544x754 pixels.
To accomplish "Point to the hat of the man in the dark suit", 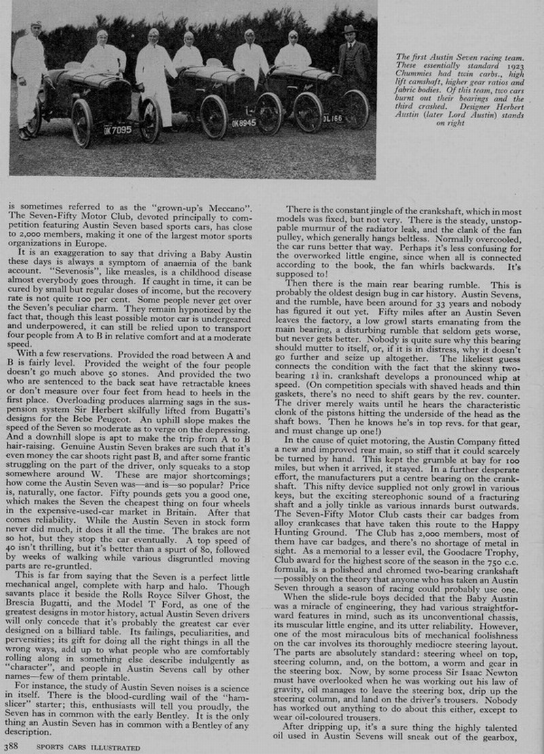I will (x=350, y=29).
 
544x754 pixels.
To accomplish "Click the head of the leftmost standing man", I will (x=35, y=28).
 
